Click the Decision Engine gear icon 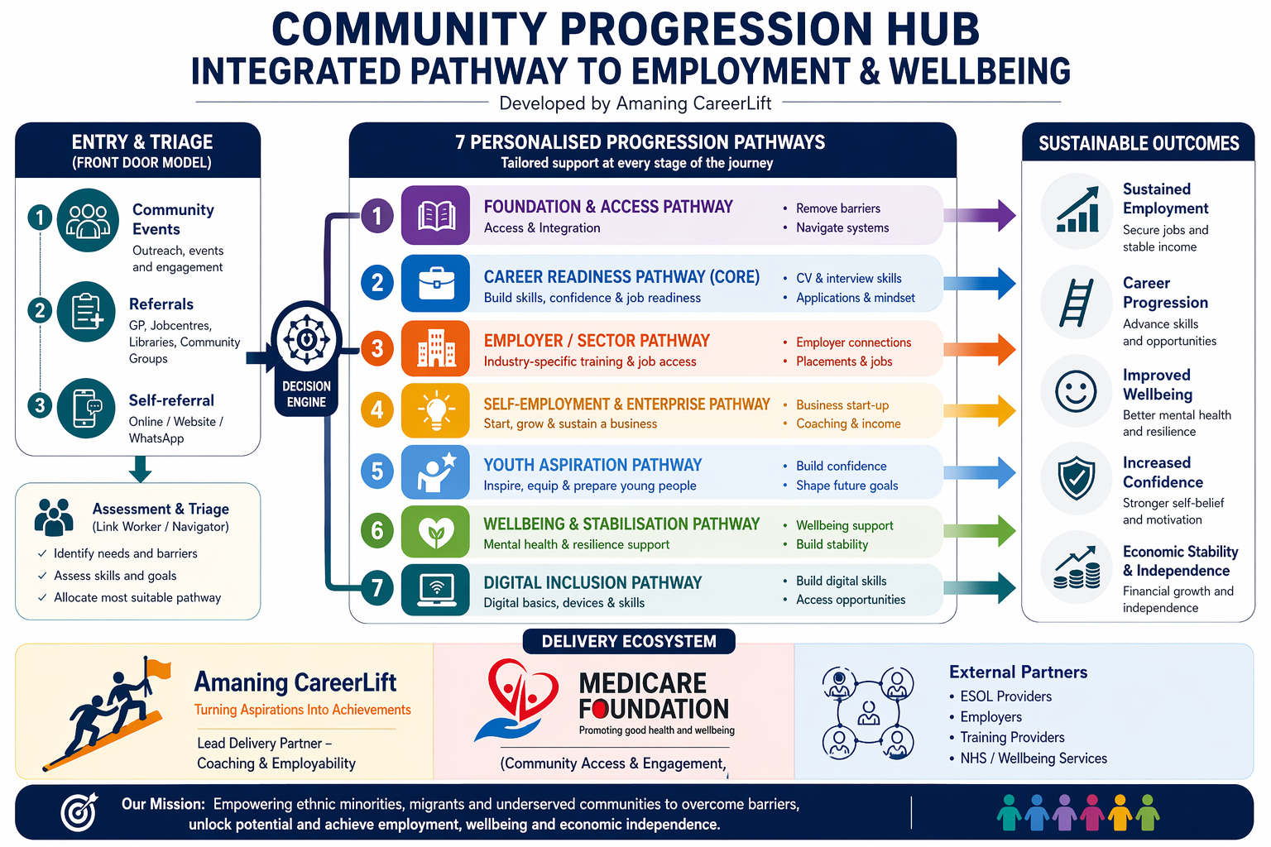pos(306,340)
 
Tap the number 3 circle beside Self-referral pos(39,405)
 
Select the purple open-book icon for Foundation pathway pos(435,216)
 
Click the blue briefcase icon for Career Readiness pos(435,284)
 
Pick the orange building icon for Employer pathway pos(435,348)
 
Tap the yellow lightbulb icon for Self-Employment pos(435,410)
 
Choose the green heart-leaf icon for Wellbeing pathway pos(435,532)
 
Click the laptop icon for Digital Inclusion pos(435,589)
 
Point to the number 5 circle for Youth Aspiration pos(377,471)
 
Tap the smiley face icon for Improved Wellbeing pos(1076,391)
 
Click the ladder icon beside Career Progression pos(1076,303)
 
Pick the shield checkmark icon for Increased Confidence pos(1076,479)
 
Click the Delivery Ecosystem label pos(629,641)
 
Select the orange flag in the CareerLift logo pos(157,668)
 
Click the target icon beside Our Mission pos(79,812)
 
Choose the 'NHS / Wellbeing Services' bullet pos(1033,758)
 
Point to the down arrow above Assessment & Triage pos(141,470)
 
